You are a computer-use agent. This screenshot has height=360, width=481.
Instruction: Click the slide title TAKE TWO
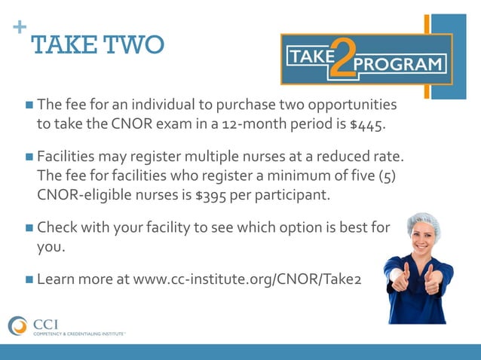pyautogui.click(x=98, y=45)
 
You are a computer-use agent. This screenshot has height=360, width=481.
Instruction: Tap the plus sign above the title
pyautogui.click(x=19, y=27)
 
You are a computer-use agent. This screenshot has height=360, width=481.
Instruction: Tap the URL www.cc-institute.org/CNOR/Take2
pyautogui.click(x=247, y=279)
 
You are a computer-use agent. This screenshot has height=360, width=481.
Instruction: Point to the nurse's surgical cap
pyautogui.click(x=422, y=222)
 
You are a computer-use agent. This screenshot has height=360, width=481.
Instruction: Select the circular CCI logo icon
pyautogui.click(x=17, y=325)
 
